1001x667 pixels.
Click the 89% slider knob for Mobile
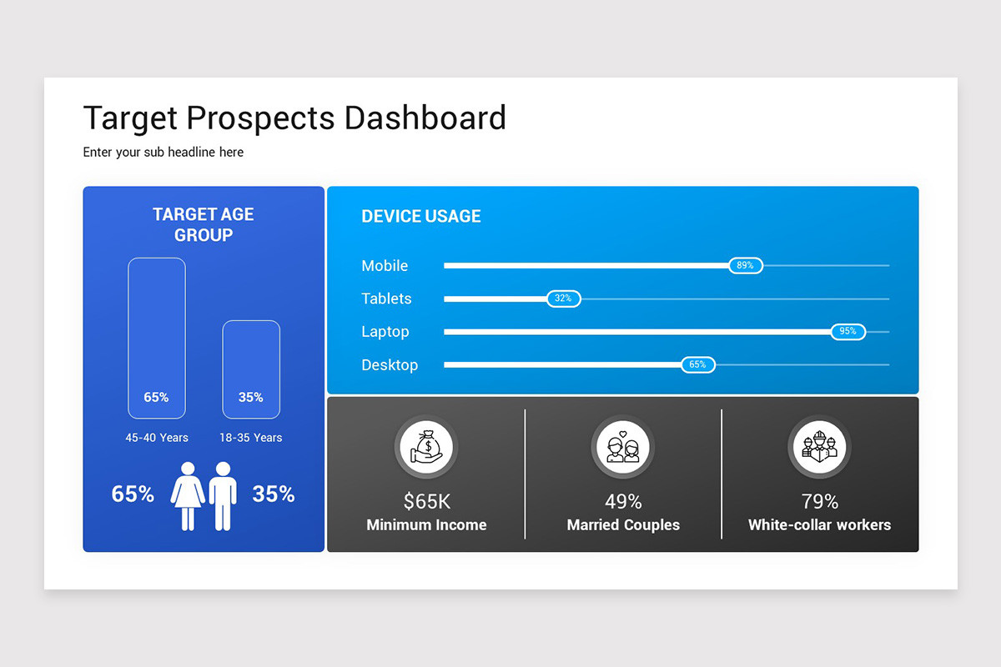[x=746, y=265]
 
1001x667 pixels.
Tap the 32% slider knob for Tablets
[x=564, y=298]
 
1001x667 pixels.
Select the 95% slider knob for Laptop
[x=848, y=332]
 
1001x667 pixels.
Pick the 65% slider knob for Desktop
[x=698, y=364]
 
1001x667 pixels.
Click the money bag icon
[x=427, y=447]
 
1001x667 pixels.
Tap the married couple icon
[x=623, y=447]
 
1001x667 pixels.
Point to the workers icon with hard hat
[x=819, y=447]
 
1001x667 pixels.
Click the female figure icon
[x=188, y=496]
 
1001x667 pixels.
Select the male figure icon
[x=223, y=496]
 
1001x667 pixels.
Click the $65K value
[x=427, y=501]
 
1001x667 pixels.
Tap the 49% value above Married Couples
[x=623, y=502]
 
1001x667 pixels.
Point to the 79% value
[x=819, y=502]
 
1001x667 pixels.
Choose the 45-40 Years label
[x=157, y=438]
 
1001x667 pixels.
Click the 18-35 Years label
[x=251, y=438]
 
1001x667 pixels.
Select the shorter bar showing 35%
[x=251, y=369]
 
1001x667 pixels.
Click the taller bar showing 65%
[x=157, y=339]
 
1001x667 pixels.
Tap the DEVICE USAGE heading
[x=421, y=216]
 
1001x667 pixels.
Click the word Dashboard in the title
[x=425, y=118]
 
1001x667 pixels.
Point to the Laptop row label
[x=385, y=332]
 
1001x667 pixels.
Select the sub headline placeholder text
[x=163, y=153]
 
